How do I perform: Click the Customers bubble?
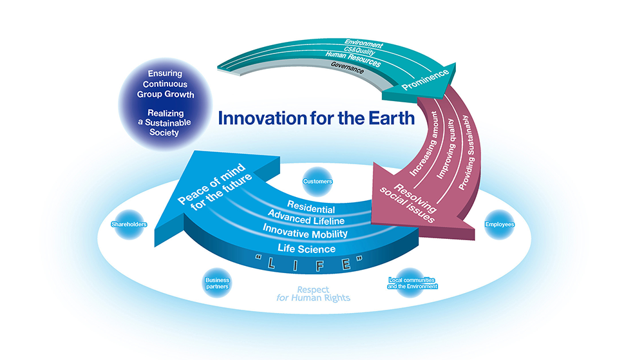pos(317,182)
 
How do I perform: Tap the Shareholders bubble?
pos(129,224)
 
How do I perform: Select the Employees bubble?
pos(500,225)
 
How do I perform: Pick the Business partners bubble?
pos(217,283)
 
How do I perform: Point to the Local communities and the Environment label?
pos(412,283)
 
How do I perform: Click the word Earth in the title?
pos(392,118)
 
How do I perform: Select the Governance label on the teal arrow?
pos(347,68)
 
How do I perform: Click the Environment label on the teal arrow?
pos(363,44)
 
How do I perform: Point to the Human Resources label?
pos(353,59)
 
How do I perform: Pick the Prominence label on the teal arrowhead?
pos(425,80)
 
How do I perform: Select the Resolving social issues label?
pos(408,203)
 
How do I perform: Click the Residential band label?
pos(311,207)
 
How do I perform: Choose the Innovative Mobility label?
pos(305,231)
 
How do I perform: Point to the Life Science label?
pos(307,249)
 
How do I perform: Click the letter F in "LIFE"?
pos(319,265)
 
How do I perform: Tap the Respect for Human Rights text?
pos(313,294)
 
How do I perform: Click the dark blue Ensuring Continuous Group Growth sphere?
pos(165,104)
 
